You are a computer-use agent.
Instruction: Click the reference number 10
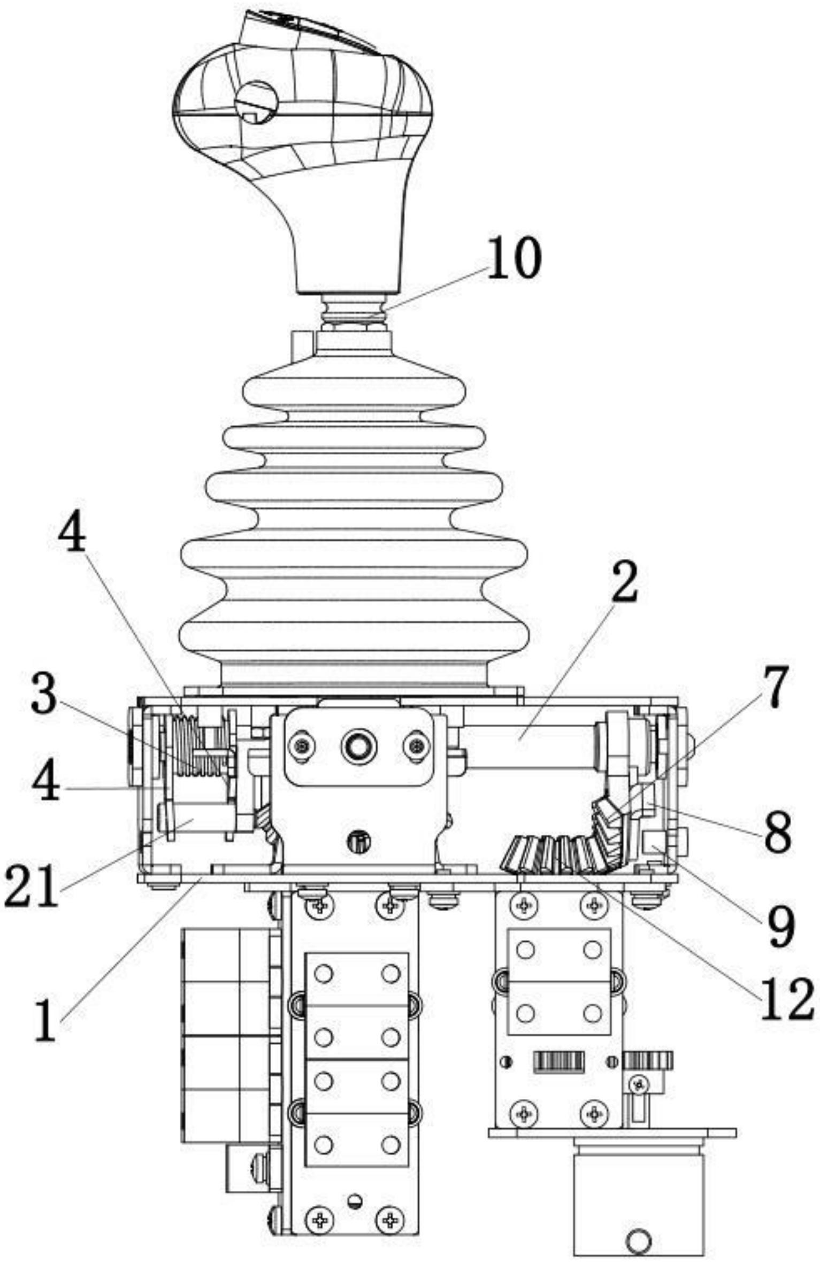[x=514, y=258]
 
